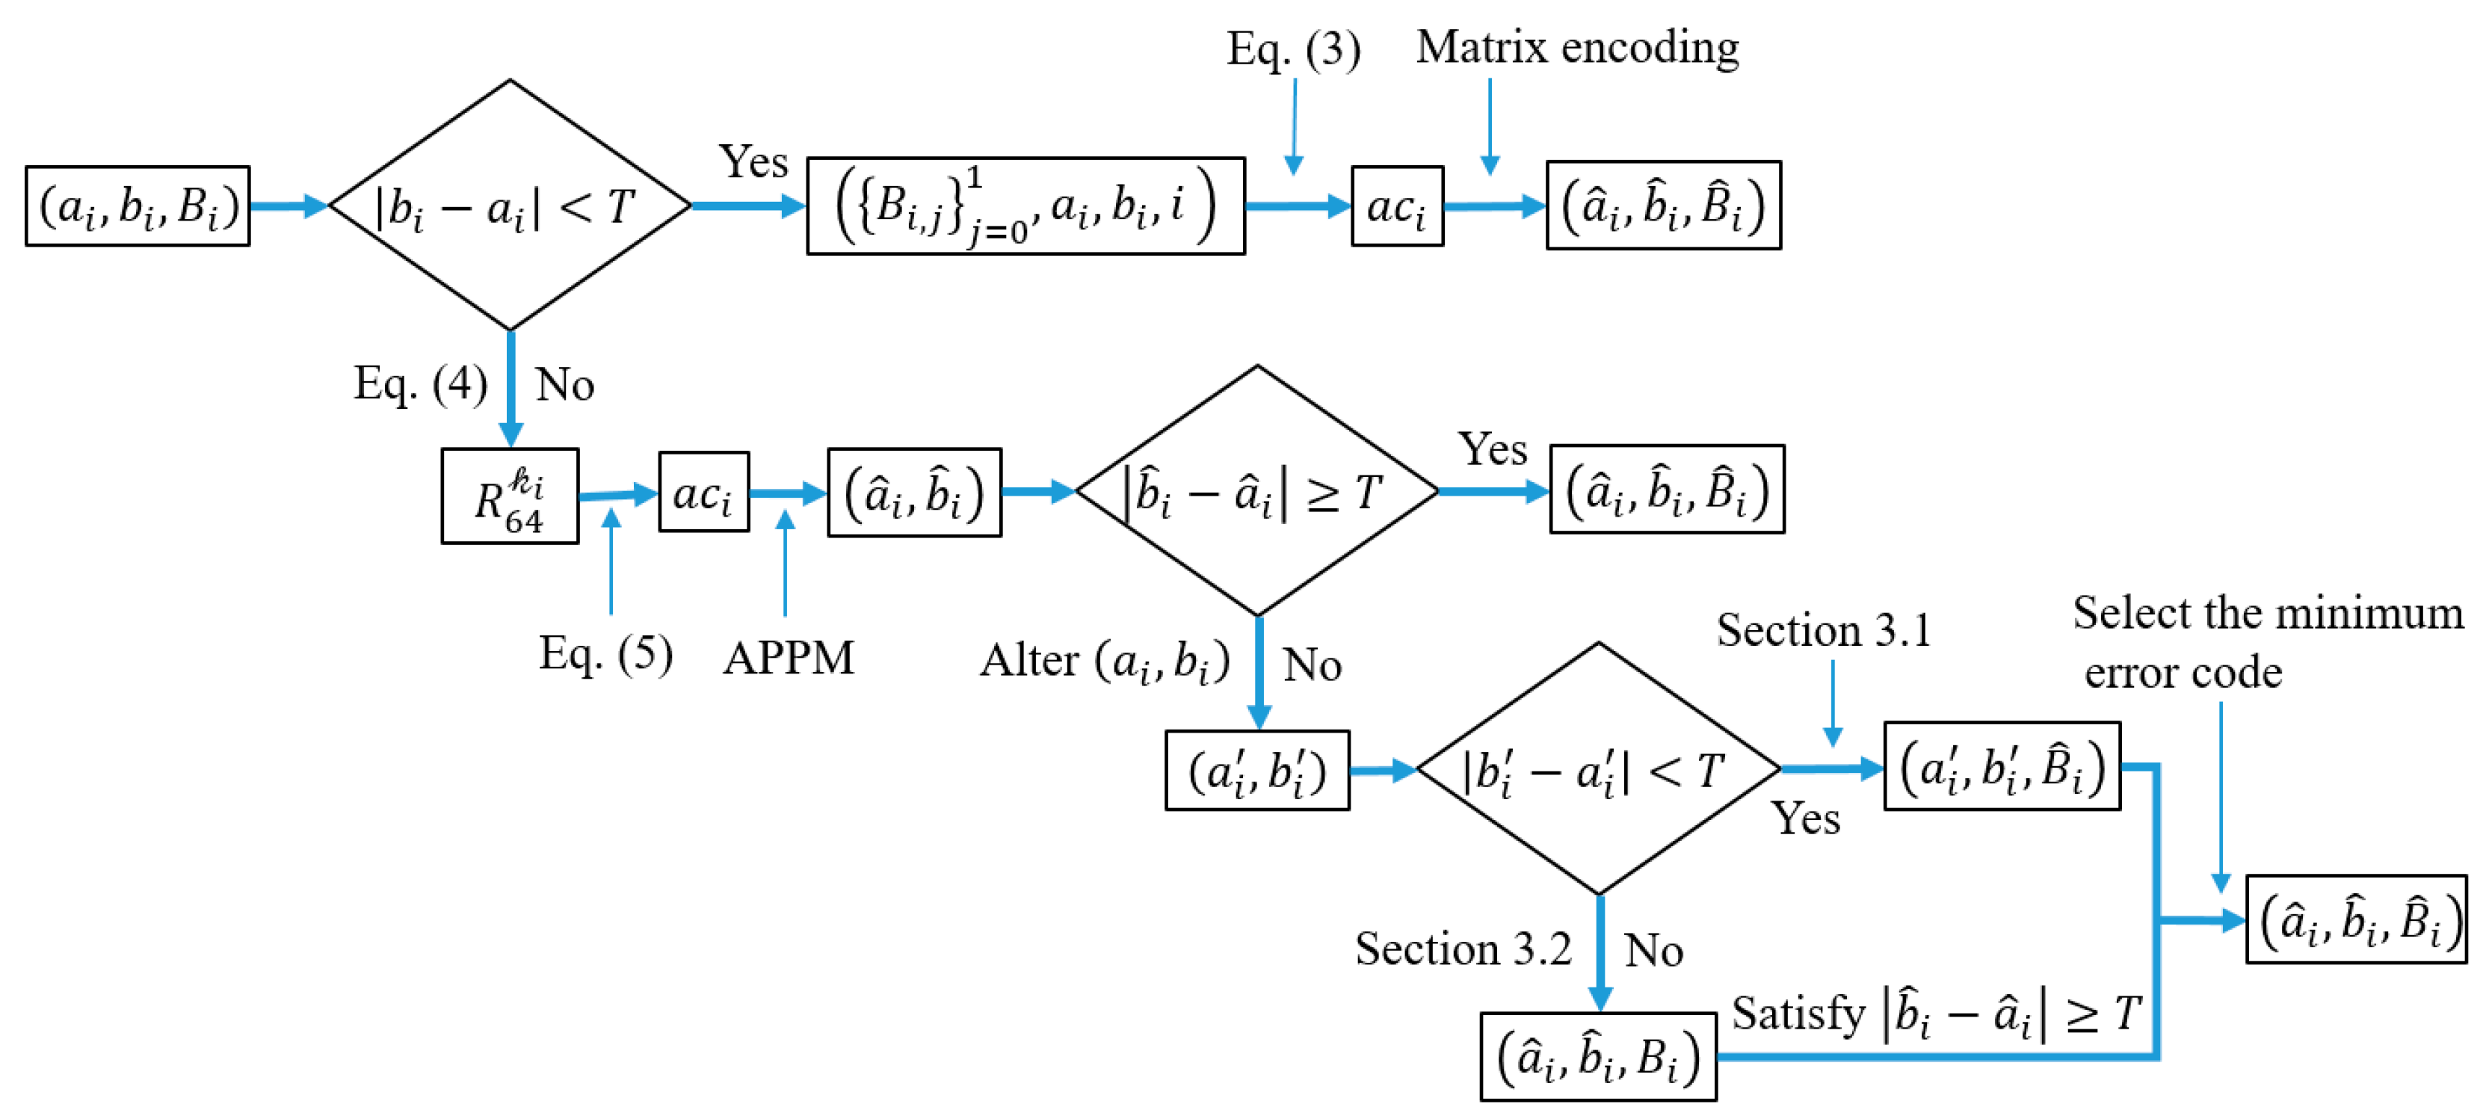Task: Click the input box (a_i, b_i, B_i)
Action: tap(138, 206)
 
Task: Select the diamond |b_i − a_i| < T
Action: tap(509, 206)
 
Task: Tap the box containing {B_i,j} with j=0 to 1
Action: tap(1025, 206)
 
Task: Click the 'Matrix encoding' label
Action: tap(1577, 46)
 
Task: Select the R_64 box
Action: tap(509, 496)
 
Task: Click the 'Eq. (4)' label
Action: tap(420, 383)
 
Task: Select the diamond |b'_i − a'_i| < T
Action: tap(1597, 770)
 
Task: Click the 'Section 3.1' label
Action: tap(1824, 630)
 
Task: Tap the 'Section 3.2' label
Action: tap(1462, 949)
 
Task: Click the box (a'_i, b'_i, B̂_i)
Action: tap(2001, 767)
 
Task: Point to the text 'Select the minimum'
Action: tap(2268, 613)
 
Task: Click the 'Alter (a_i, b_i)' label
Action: tap(1105, 662)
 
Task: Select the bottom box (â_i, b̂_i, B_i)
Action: tap(1597, 1056)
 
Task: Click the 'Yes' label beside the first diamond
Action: tap(753, 162)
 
